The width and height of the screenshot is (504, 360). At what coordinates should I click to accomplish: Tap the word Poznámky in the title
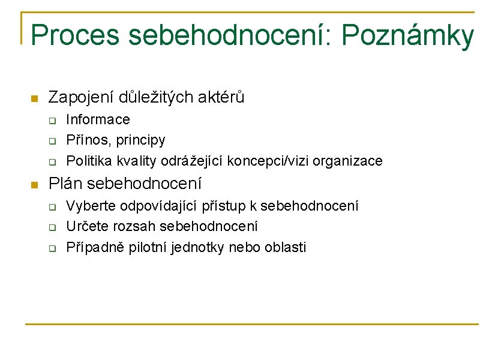[x=407, y=37]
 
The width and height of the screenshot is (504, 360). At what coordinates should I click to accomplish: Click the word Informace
[x=98, y=120]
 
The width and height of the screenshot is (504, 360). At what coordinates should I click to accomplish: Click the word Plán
[x=65, y=183]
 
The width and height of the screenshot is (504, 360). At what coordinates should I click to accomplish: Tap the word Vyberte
[x=91, y=206]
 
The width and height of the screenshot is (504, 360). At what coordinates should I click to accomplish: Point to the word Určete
[x=86, y=226]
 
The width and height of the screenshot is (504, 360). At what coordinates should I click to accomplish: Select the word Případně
[x=94, y=247]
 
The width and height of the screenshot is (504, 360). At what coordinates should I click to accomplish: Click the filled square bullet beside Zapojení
[x=34, y=98]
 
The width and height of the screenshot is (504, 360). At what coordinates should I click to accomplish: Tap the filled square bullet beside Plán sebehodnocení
[x=34, y=184]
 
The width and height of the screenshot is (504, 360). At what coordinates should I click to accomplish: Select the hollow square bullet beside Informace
[x=52, y=121]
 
